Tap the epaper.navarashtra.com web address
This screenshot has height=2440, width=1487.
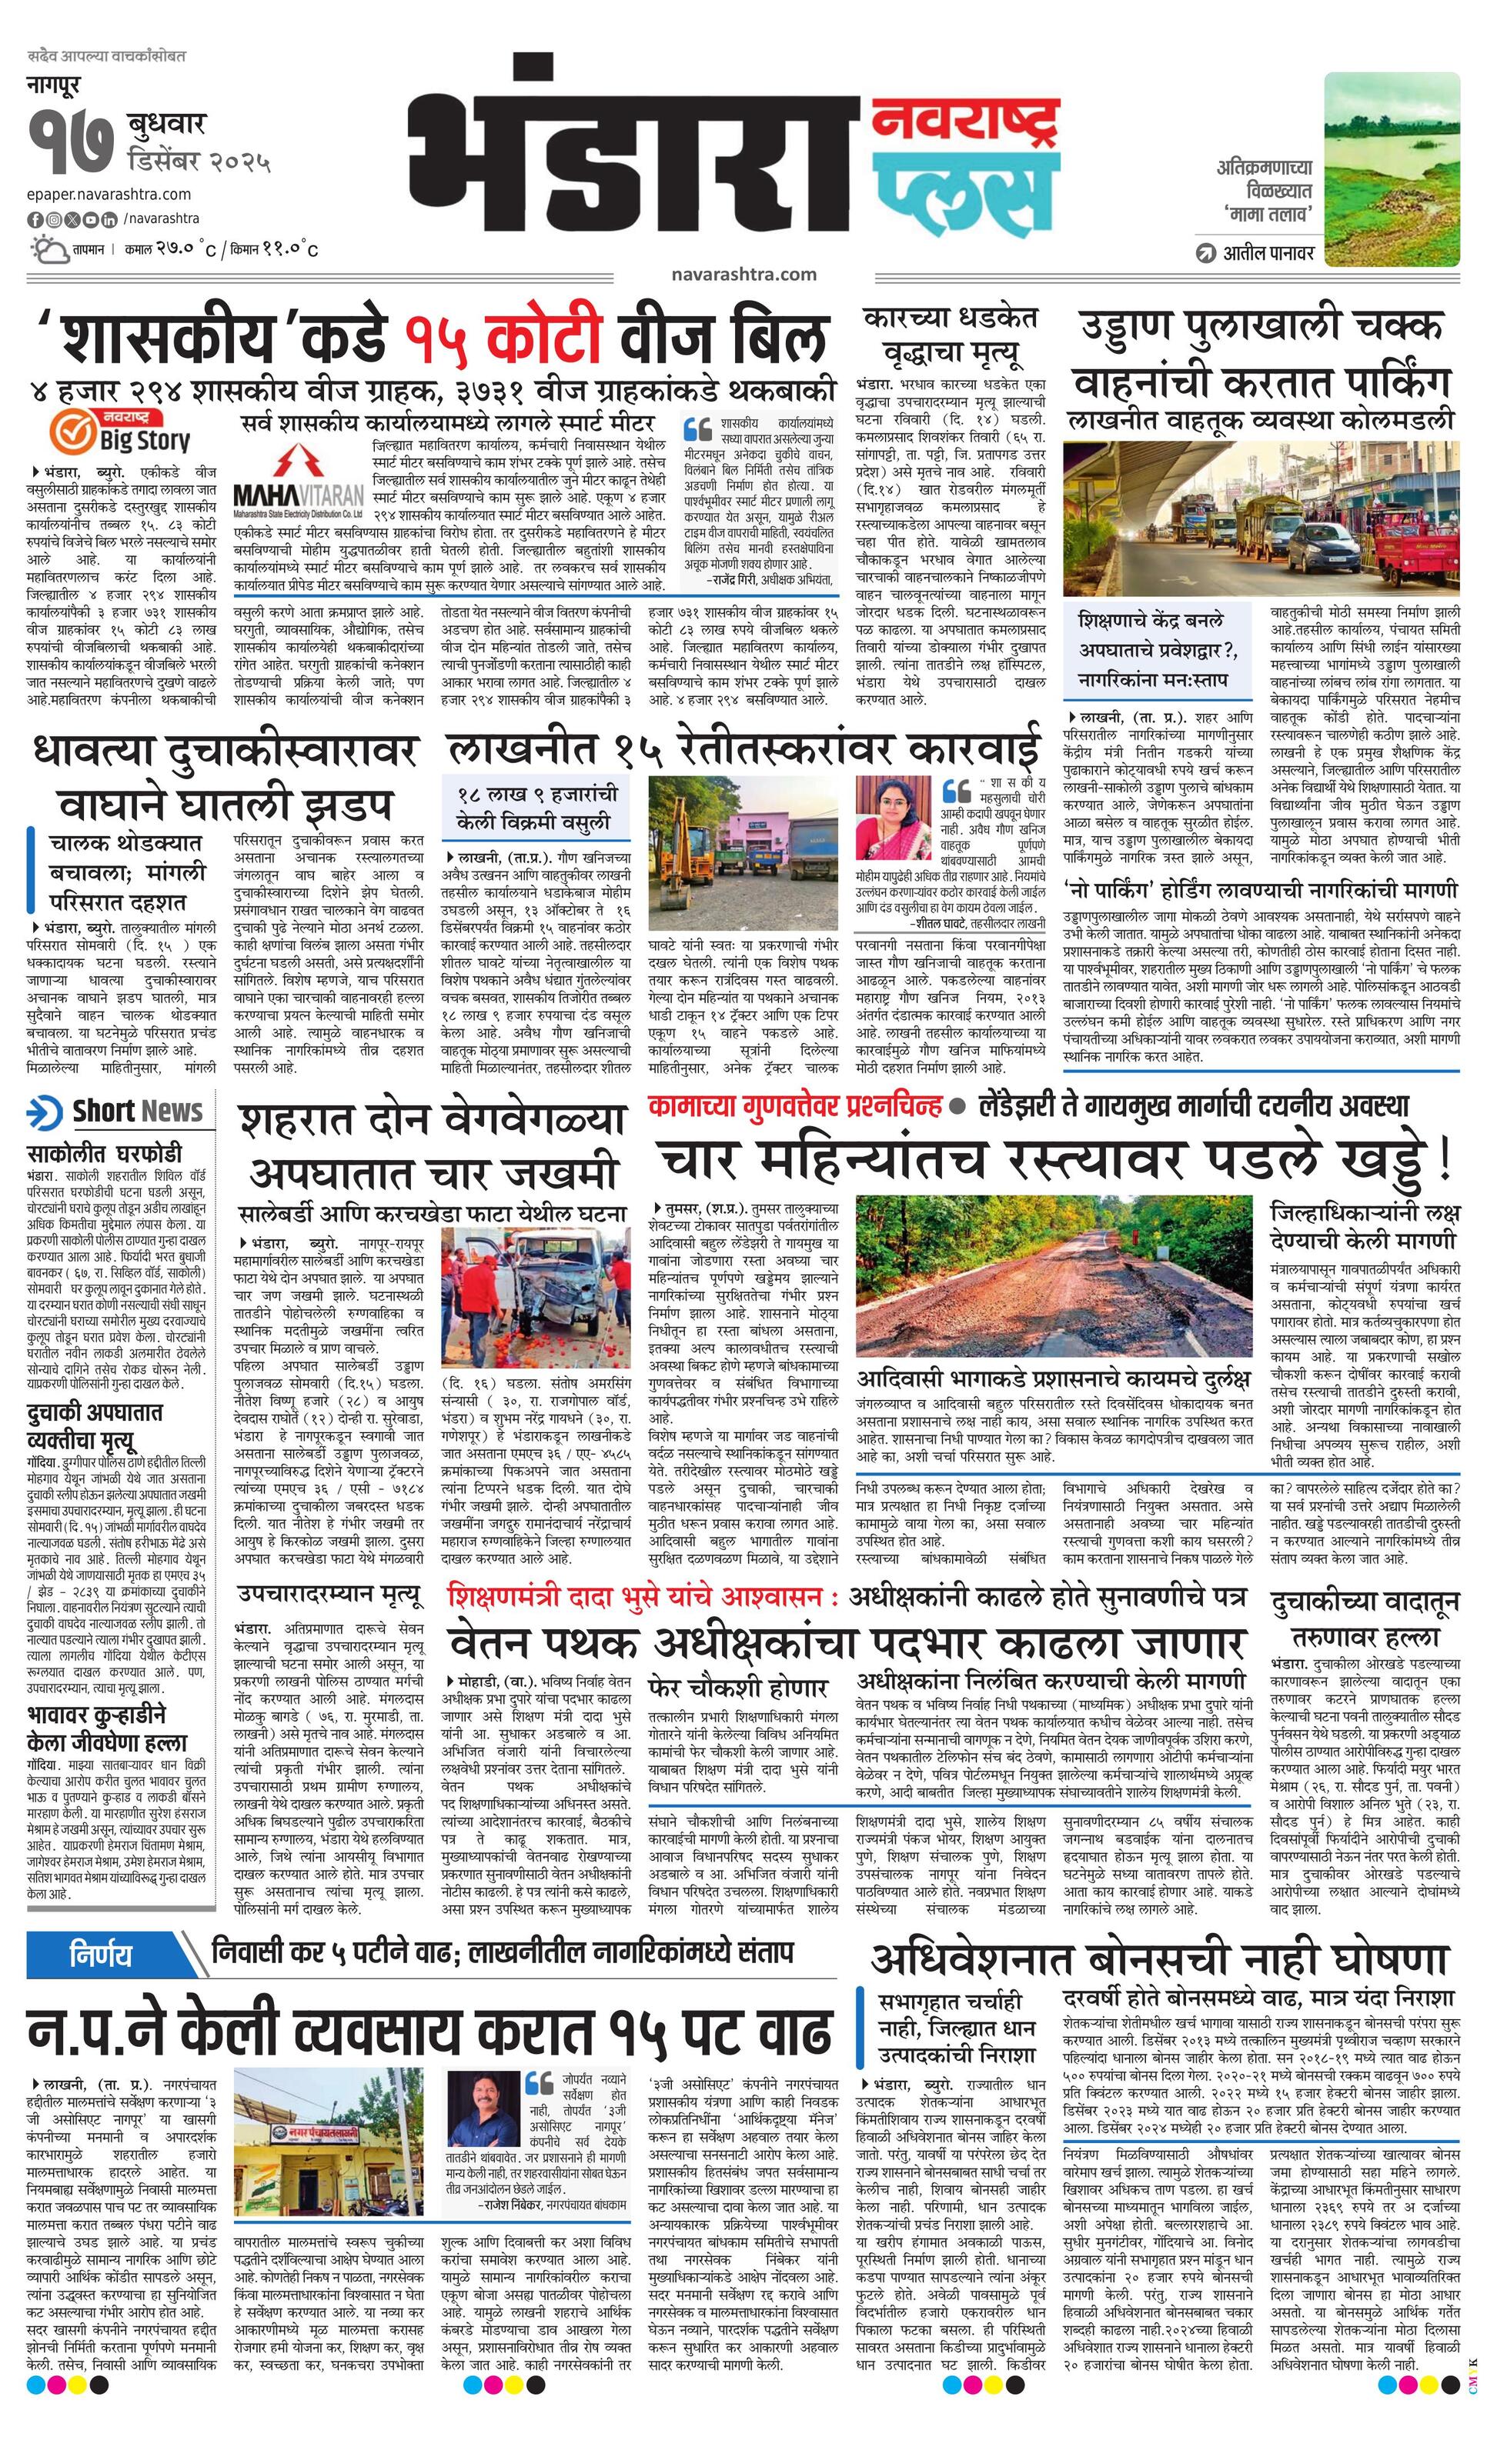[x=109, y=194]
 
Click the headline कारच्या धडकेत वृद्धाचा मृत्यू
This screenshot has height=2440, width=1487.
[x=949, y=335]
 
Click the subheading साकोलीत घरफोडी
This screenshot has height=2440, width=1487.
[x=104, y=1154]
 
